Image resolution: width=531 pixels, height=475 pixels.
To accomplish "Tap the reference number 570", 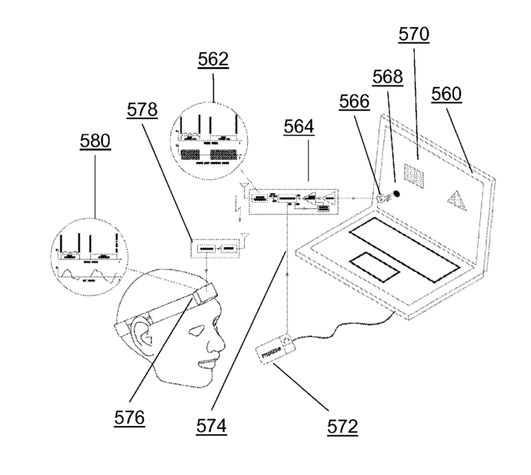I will pos(413,34).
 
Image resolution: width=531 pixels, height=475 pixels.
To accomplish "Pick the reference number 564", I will pos(298,128).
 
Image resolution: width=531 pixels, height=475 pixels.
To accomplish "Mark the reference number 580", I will pos(95,141).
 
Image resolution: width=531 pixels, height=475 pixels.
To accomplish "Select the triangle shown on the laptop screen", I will pos(457,202).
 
